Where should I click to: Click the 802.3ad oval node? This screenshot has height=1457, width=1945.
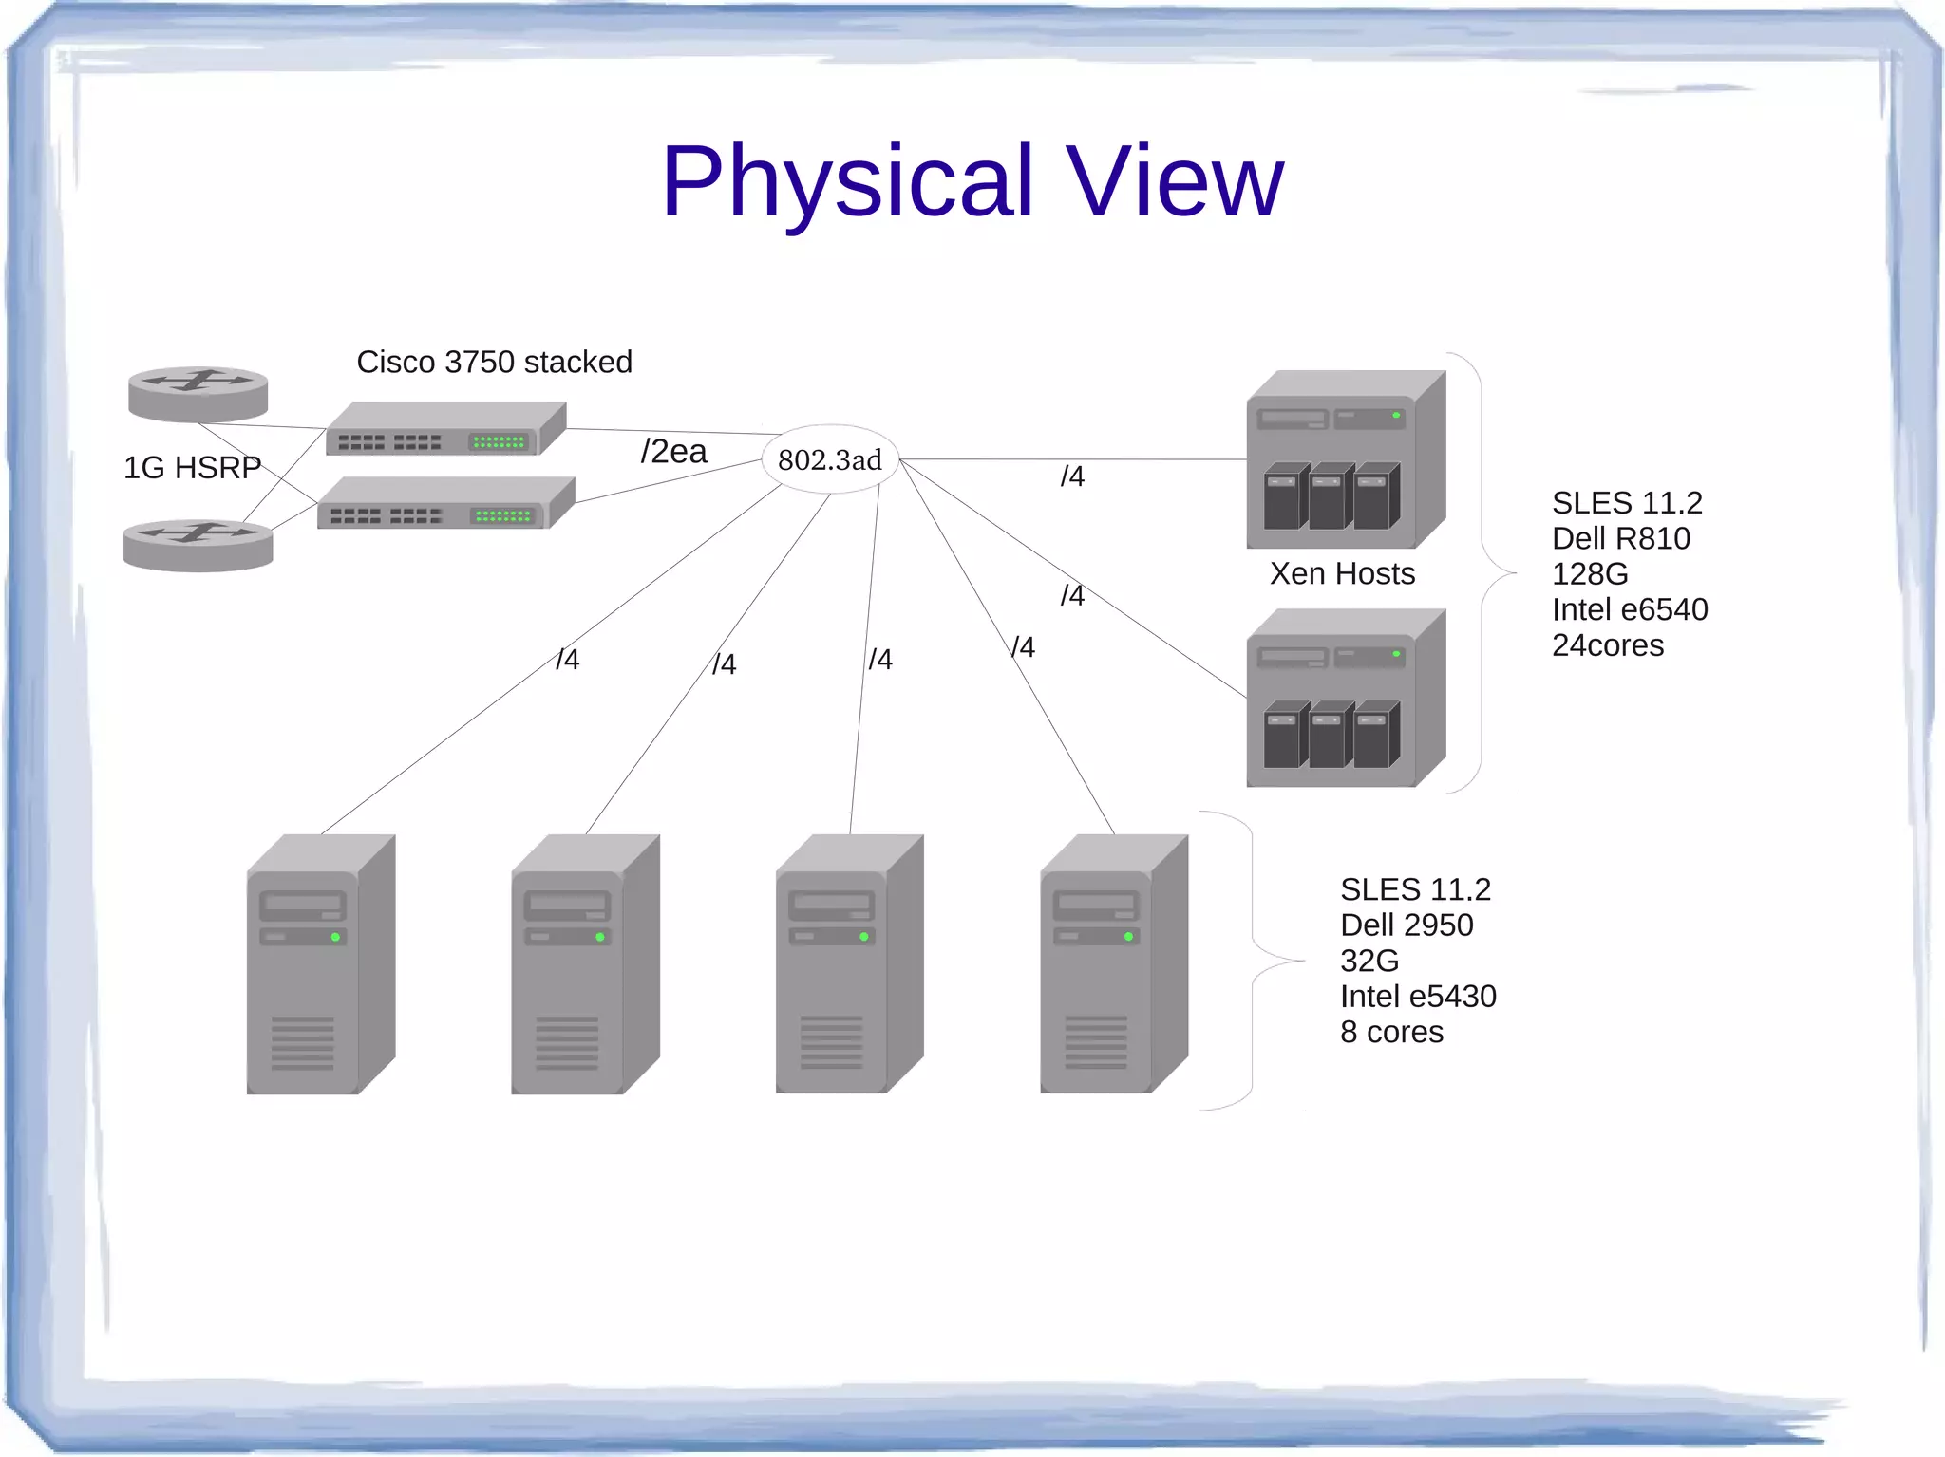tap(830, 459)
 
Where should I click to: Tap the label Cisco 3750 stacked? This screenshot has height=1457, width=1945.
tap(494, 362)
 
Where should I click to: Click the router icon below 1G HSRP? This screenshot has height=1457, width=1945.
tap(198, 545)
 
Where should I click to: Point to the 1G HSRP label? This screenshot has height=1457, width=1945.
tap(192, 467)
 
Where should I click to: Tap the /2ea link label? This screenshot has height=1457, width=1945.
tap(673, 451)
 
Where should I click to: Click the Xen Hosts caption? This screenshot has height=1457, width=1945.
tap(1342, 573)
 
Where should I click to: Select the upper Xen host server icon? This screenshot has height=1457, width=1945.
tap(1345, 459)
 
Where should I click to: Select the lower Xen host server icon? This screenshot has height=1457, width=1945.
tap(1345, 699)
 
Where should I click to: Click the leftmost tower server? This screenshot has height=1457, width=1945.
tap(320, 964)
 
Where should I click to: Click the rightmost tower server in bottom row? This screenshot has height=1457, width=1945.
tap(1113, 964)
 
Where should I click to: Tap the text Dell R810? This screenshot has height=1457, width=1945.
tap(1620, 538)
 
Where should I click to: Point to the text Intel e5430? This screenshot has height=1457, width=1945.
tap(1417, 996)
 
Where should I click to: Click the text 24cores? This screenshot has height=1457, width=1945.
tap(1607, 645)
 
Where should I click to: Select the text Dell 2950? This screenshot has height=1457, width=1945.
tap(1406, 925)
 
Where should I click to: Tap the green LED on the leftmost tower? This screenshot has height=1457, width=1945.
tap(335, 937)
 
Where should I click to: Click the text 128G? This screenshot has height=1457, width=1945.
tap(1589, 574)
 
